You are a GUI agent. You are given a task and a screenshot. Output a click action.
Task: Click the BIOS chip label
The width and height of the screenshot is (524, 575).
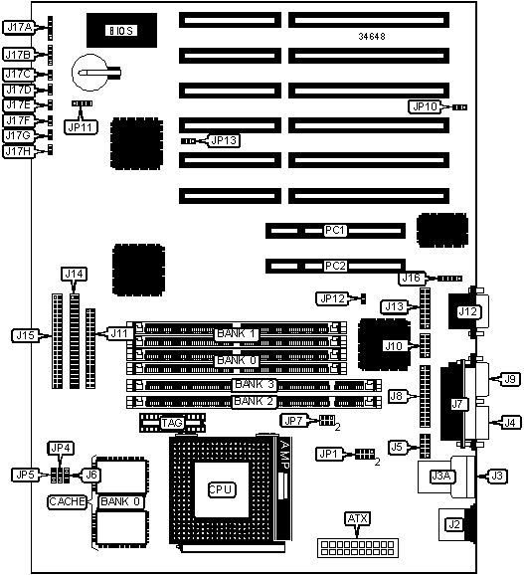[x=121, y=31]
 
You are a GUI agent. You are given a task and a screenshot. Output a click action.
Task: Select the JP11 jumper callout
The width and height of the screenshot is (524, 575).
[x=81, y=127]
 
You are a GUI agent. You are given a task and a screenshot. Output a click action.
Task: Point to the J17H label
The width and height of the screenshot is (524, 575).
[x=18, y=151]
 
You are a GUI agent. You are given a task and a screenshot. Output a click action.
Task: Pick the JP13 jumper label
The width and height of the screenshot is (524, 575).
[x=225, y=140]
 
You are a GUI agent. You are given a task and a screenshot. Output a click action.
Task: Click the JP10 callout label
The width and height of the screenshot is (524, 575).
[x=425, y=106]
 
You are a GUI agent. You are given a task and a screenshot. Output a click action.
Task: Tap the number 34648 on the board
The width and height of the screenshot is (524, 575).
[x=372, y=36]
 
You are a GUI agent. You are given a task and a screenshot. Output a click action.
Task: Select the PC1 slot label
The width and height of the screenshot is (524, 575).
[x=335, y=230]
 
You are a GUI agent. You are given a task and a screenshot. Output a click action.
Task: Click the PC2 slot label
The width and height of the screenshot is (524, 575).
[x=335, y=266]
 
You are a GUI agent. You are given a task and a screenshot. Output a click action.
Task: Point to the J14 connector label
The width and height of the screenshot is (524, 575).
[x=74, y=274]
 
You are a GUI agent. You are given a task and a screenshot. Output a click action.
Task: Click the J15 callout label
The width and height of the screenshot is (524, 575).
[x=25, y=335]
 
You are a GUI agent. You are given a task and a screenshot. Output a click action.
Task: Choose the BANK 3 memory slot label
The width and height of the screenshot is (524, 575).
[x=255, y=384]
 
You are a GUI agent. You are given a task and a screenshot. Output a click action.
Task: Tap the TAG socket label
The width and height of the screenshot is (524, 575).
[x=172, y=423]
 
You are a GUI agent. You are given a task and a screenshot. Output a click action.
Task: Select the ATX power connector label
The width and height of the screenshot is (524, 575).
[x=358, y=518]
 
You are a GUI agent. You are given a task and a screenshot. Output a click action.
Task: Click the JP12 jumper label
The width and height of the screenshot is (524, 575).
[x=332, y=298]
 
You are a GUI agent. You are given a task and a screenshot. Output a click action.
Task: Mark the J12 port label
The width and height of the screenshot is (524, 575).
[x=468, y=311]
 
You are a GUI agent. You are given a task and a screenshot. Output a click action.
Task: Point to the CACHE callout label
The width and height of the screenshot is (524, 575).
[x=67, y=501]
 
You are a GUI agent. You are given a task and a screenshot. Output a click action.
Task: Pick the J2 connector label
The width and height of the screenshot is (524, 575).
[x=454, y=524]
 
